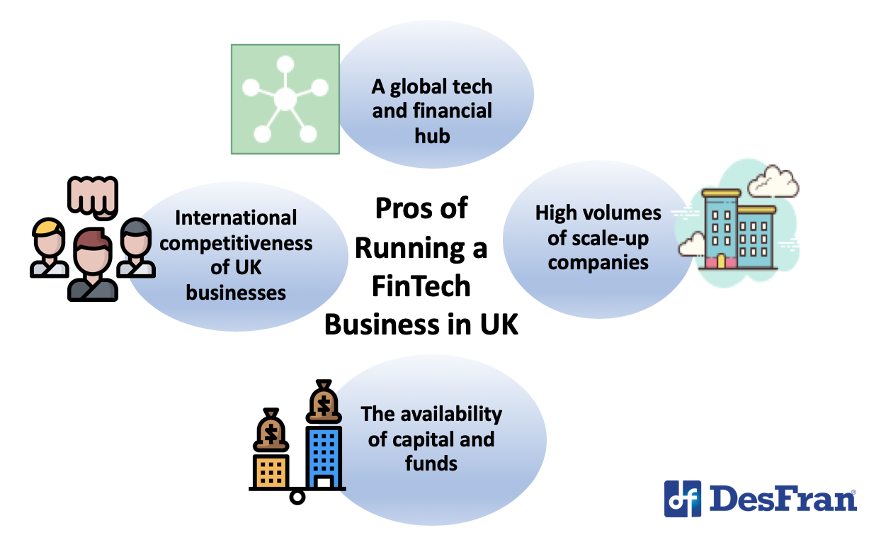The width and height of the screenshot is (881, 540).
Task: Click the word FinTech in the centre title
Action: pyautogui.click(x=422, y=286)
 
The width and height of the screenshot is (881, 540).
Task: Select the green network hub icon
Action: pyautogui.click(x=285, y=99)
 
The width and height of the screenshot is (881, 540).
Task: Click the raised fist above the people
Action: pyautogui.click(x=93, y=197)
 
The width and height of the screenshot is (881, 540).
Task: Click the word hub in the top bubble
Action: pyautogui.click(x=432, y=135)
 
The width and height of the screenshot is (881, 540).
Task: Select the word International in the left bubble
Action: pyautogui.click(x=236, y=218)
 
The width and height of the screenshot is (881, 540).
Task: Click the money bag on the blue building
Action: pyautogui.click(x=324, y=402)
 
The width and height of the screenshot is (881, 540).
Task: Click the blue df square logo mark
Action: pyautogui.click(x=682, y=499)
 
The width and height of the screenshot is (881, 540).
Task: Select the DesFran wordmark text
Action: pyautogui.click(x=783, y=499)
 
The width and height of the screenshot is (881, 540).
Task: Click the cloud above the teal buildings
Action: pyautogui.click(x=773, y=181)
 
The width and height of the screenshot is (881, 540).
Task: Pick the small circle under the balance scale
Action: pyautogui.click(x=297, y=497)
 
